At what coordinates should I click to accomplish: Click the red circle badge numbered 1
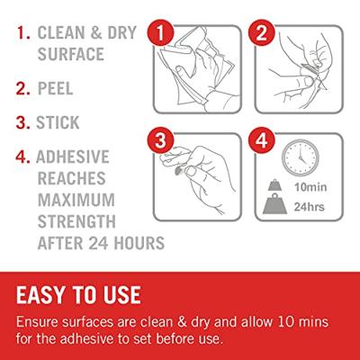(160, 33)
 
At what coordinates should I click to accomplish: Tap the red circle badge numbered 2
(262, 33)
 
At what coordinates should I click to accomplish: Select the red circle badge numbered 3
(160, 140)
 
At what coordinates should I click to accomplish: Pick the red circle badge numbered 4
(262, 140)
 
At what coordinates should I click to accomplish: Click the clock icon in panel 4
(301, 157)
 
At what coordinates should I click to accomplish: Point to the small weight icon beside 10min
(274, 185)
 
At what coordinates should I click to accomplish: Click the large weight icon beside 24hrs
(274, 204)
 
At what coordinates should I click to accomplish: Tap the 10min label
(310, 187)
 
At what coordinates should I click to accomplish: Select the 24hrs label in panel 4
(310, 207)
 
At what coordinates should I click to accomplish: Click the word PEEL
(56, 88)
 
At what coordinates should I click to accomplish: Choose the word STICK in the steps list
(58, 122)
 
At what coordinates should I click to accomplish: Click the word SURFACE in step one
(71, 54)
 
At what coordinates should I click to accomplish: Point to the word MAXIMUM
(76, 200)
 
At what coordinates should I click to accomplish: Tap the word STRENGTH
(76, 221)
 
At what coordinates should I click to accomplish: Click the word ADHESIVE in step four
(73, 157)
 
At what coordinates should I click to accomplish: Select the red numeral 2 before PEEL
(21, 89)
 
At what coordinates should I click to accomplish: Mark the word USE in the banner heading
(122, 295)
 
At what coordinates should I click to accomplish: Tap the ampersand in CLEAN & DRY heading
(96, 32)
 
